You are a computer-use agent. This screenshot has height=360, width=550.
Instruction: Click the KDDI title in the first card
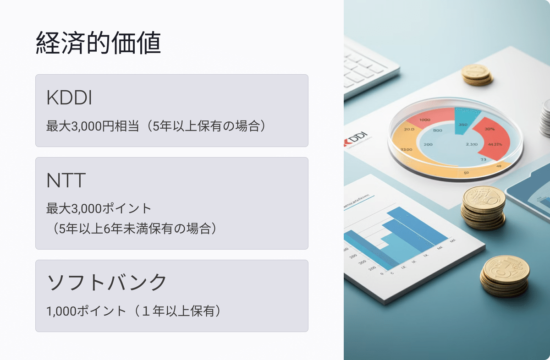[x=69, y=98]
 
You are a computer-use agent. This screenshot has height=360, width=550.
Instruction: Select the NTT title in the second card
[x=66, y=181]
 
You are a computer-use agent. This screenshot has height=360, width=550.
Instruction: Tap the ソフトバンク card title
[x=107, y=283]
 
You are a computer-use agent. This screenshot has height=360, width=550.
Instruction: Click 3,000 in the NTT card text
[x=84, y=209]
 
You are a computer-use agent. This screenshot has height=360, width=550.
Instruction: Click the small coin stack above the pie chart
[x=477, y=74]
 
